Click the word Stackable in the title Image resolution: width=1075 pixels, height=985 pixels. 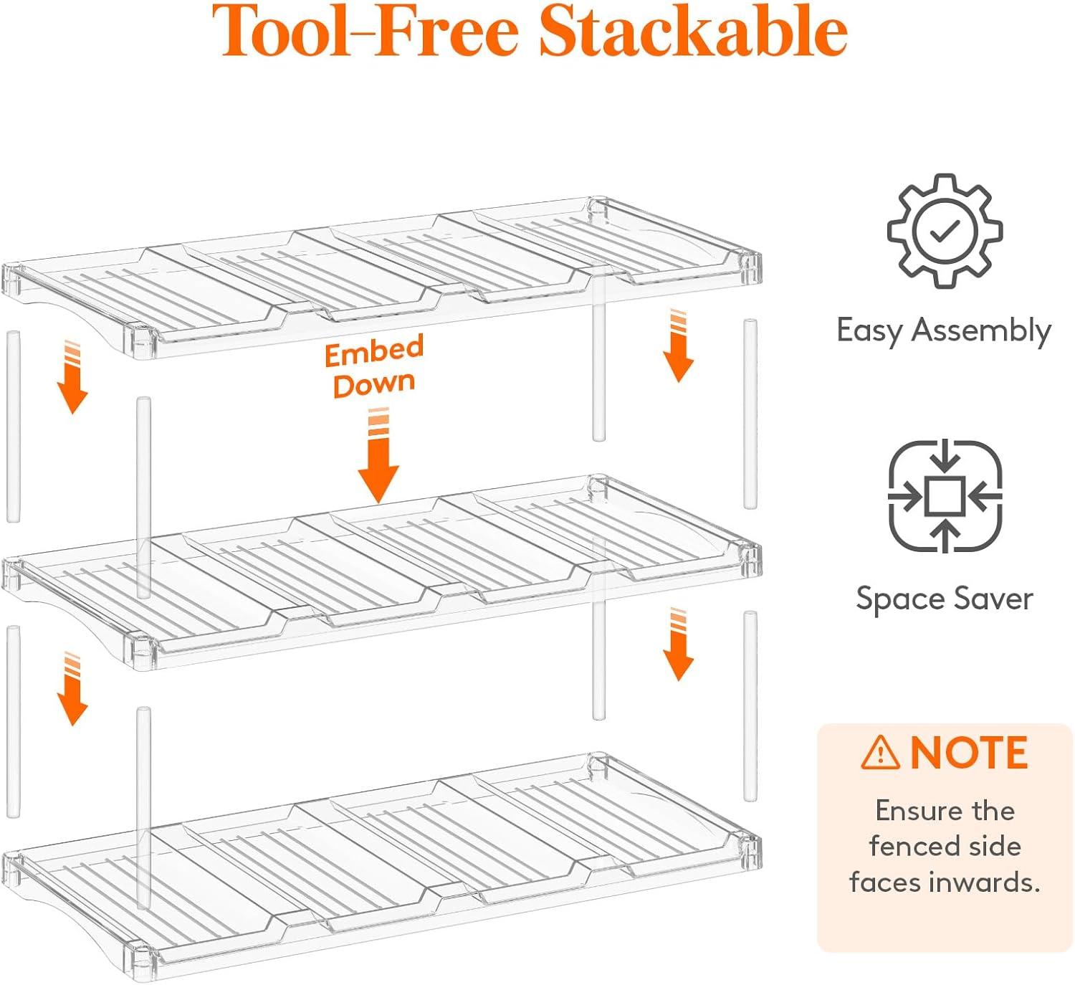(x=692, y=32)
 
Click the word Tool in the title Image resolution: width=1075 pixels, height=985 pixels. (x=279, y=32)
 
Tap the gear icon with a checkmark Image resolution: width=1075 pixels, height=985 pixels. (x=945, y=230)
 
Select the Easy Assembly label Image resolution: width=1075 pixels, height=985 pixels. (x=943, y=330)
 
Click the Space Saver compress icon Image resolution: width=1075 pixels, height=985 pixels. (x=945, y=496)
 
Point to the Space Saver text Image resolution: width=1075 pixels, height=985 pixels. (x=944, y=599)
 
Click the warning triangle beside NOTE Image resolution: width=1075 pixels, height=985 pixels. (x=880, y=753)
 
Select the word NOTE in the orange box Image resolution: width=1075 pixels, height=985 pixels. (x=969, y=753)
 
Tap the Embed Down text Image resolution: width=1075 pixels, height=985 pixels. (x=374, y=366)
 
